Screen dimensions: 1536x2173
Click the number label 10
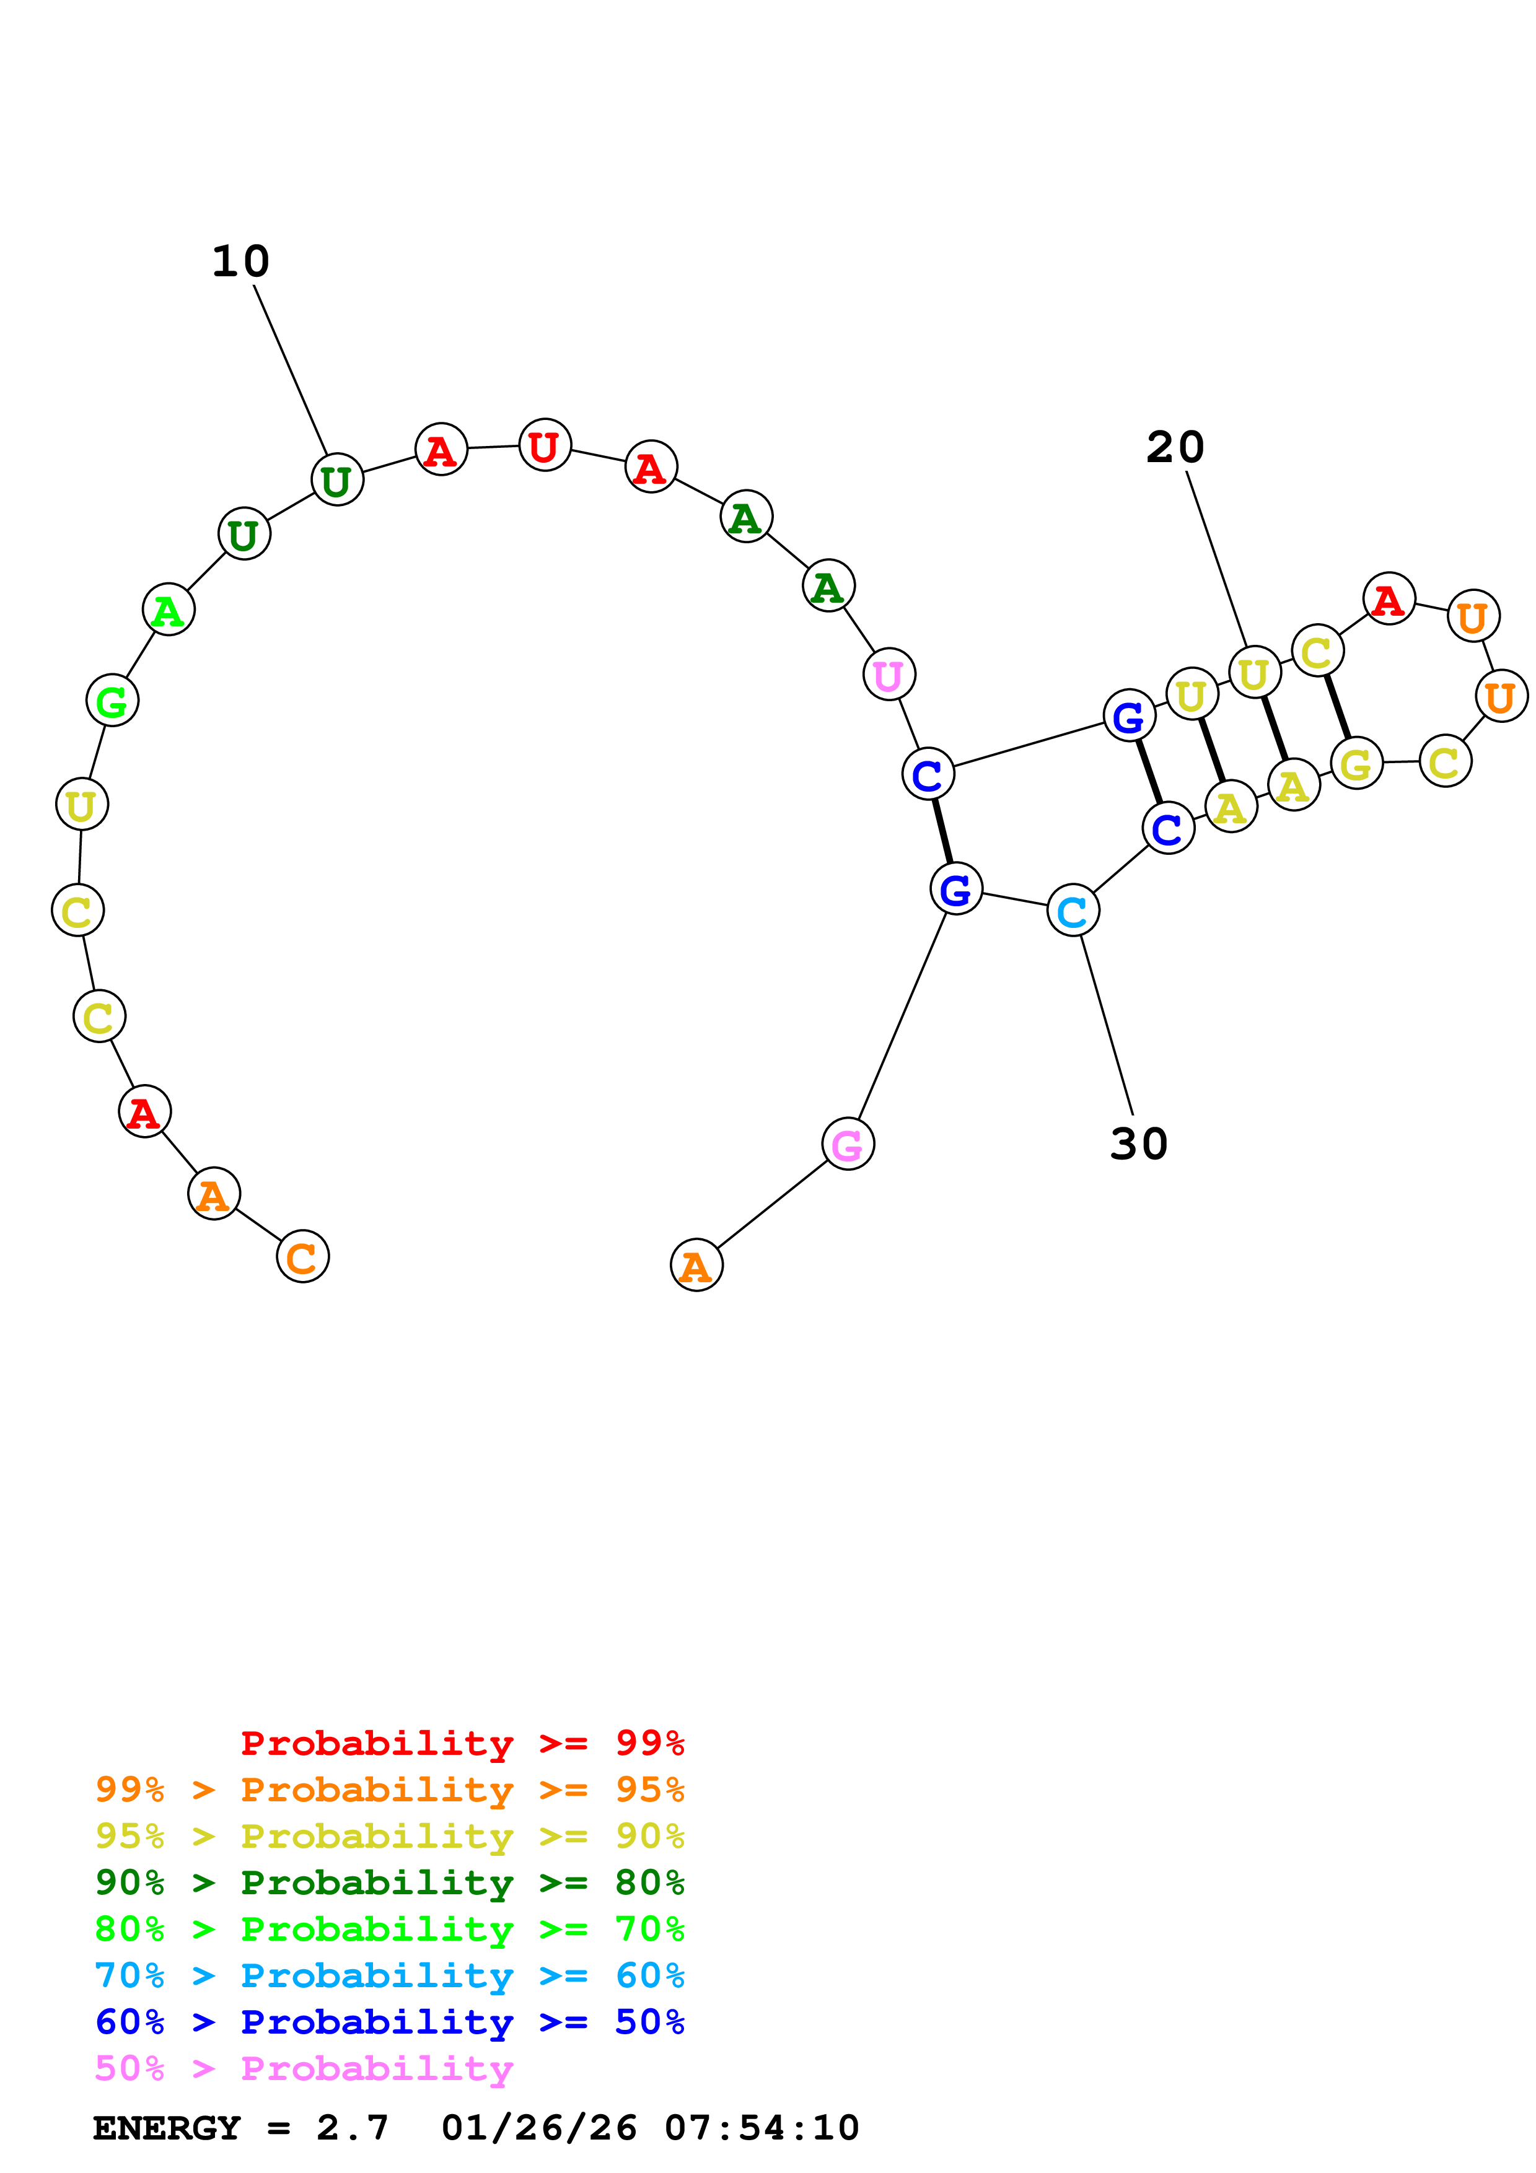(240, 262)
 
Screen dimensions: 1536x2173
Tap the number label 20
(1175, 448)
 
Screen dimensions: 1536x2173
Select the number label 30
(1138, 1144)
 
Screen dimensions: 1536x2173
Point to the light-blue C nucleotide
(1073, 911)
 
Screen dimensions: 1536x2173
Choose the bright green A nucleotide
(169, 610)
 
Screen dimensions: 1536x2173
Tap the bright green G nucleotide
(112, 701)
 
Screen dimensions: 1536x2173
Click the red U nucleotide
(544, 446)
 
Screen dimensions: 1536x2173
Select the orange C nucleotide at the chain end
(302, 1257)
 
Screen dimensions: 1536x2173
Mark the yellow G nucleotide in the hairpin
(1356, 764)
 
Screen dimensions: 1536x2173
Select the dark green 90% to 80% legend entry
(389, 1882)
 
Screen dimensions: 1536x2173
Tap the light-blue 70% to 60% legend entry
(389, 1975)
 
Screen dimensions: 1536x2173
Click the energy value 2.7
(352, 2128)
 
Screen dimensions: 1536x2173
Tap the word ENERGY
(167, 2128)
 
